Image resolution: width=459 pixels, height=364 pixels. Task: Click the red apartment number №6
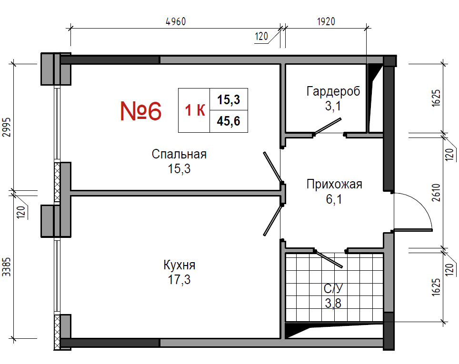point(141,111)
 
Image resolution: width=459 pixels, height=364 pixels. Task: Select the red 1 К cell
point(194,110)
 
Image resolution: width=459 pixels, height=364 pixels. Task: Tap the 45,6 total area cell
point(229,121)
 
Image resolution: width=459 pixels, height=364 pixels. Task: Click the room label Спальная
point(179,154)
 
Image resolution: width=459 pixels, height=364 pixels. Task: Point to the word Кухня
point(179,265)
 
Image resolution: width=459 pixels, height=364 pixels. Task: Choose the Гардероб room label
point(333,91)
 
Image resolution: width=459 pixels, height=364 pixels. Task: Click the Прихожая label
point(334,184)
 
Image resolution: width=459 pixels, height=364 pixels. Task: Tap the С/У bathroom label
point(333,288)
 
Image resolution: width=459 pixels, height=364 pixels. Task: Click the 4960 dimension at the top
point(176,22)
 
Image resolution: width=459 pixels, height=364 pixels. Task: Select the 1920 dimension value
point(326,22)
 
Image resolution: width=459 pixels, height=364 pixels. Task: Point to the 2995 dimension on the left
point(7,127)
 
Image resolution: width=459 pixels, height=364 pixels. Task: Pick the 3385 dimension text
point(7,266)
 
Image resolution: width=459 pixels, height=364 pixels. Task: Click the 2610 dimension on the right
point(436,192)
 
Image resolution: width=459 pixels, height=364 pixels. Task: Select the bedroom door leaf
point(272,167)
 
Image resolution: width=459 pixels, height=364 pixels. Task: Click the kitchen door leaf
point(273,220)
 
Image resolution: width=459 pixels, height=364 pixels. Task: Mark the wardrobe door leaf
point(327,127)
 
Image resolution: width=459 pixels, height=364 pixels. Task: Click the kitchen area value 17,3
point(179,279)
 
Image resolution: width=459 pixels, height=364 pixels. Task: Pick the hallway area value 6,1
point(334,199)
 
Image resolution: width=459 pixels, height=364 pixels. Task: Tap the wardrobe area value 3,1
point(333,106)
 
